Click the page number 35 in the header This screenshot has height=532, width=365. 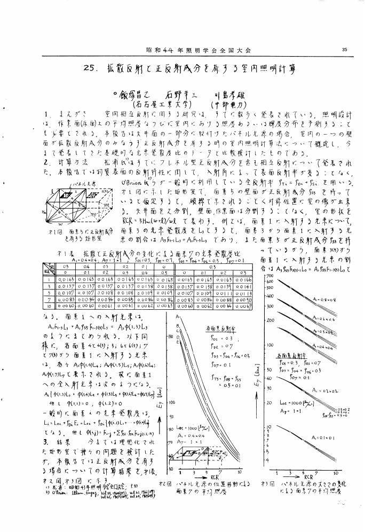345,50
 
